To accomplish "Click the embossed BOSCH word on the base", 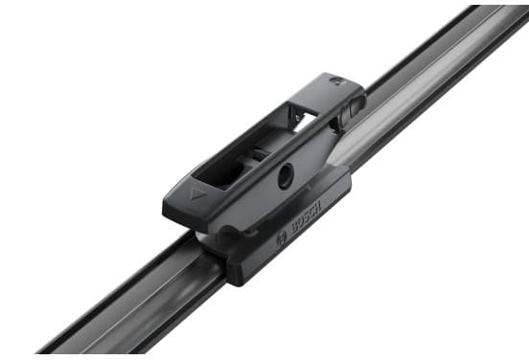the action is pos(306,217).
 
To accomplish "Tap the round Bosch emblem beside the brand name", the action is pos(282,238).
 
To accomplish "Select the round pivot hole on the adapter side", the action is pos(286,175).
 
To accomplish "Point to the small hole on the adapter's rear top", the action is pos(336,80).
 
